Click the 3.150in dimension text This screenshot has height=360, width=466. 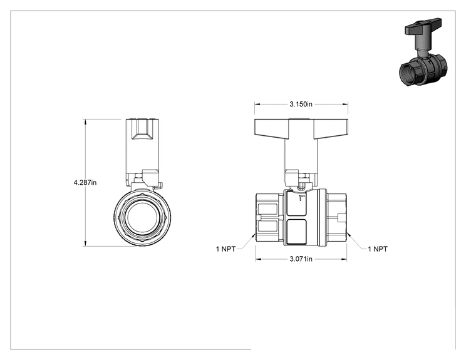tap(301, 105)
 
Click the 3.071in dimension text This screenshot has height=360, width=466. tap(301, 259)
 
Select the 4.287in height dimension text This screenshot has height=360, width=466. tap(85, 182)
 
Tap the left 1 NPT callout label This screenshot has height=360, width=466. tap(225, 249)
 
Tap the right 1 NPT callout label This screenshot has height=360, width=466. tap(378, 249)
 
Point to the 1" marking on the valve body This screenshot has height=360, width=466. tap(302, 198)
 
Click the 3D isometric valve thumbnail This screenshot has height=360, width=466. tap(423, 52)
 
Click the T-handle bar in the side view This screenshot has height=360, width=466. tap(301, 129)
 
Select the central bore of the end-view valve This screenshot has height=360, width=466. tap(142, 217)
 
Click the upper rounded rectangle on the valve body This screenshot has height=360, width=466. tap(296, 203)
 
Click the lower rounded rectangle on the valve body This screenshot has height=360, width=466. tap(296, 232)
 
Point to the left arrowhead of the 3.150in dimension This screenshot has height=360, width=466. tap(257, 105)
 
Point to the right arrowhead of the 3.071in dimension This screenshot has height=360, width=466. tap(344, 259)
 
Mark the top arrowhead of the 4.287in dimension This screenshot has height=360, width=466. tap(85, 122)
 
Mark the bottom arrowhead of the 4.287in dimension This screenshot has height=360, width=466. tap(85, 244)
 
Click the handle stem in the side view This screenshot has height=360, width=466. tap(301, 155)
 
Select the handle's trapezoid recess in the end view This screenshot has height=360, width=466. tap(142, 129)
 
